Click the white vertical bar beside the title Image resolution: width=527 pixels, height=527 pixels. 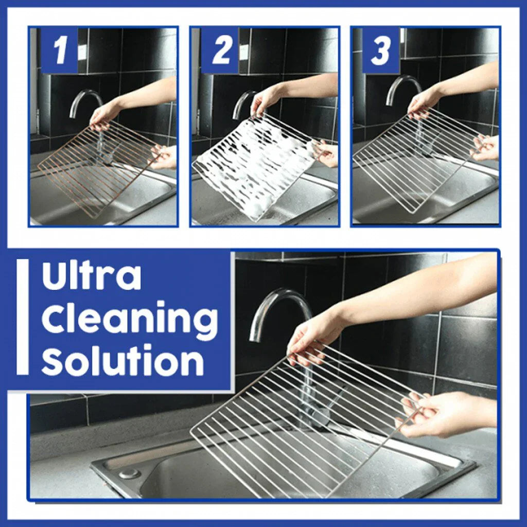22,317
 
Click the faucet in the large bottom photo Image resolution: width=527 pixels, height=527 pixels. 278,309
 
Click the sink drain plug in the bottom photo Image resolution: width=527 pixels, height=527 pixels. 129,473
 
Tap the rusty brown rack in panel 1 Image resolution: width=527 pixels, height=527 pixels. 98,170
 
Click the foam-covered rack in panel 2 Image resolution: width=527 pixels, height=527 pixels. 252,165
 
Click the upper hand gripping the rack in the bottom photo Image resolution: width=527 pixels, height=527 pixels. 314,337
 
